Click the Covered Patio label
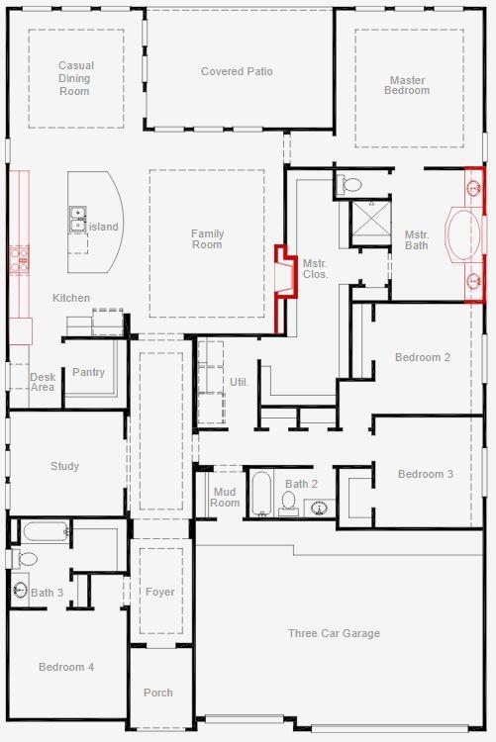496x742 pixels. [237, 71]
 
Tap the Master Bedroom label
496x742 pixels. [408, 85]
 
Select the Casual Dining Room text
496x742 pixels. [75, 78]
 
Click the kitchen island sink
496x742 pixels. [76, 219]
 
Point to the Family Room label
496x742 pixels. [207, 239]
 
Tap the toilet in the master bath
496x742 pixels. [351, 184]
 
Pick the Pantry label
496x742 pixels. [88, 373]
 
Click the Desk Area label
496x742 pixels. [43, 382]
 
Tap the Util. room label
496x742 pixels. [240, 381]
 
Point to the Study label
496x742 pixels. [64, 466]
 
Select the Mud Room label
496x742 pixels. [225, 497]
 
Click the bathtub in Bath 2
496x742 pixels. [260, 494]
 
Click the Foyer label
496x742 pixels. [159, 592]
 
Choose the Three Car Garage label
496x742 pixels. [334, 633]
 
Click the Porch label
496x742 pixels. [157, 693]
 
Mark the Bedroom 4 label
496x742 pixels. [66, 667]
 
